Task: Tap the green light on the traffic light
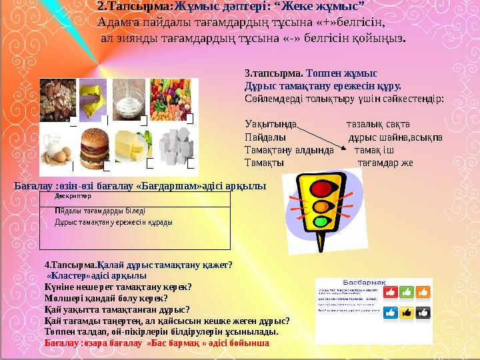pyautogui.click(x=321, y=221)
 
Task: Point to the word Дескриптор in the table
pyautogui.click(x=73, y=197)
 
